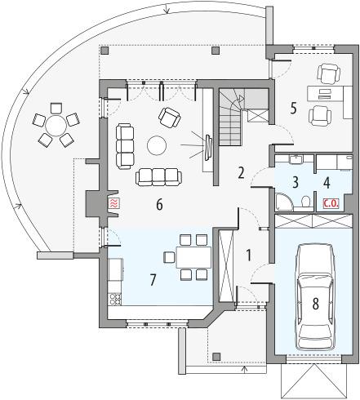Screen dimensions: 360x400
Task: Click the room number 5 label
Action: click(x=293, y=108)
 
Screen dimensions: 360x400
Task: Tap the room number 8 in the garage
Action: click(x=316, y=304)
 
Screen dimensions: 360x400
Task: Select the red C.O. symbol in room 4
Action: click(x=331, y=203)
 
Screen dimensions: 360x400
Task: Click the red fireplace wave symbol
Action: click(x=114, y=203)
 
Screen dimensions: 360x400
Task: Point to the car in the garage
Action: click(x=316, y=297)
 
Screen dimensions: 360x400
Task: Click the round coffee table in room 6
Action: click(x=157, y=145)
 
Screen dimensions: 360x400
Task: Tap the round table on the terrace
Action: click(x=56, y=126)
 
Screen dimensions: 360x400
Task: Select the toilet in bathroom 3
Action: click(x=306, y=202)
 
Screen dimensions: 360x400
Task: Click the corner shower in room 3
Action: click(x=284, y=202)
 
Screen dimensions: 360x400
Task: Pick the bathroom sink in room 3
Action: click(x=296, y=159)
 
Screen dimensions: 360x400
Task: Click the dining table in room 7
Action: click(x=193, y=257)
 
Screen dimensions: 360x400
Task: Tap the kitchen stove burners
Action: click(x=115, y=299)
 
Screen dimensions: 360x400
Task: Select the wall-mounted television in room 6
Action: click(x=208, y=147)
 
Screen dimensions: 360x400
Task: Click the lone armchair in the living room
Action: click(x=169, y=118)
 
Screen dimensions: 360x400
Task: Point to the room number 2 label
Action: click(x=241, y=173)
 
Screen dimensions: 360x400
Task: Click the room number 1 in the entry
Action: click(x=248, y=256)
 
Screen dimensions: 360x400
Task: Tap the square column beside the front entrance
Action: click(x=216, y=357)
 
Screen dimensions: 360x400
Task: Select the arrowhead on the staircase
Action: click(x=241, y=98)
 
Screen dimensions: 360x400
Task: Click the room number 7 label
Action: click(x=153, y=280)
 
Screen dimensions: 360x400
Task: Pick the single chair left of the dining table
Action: click(x=169, y=257)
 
